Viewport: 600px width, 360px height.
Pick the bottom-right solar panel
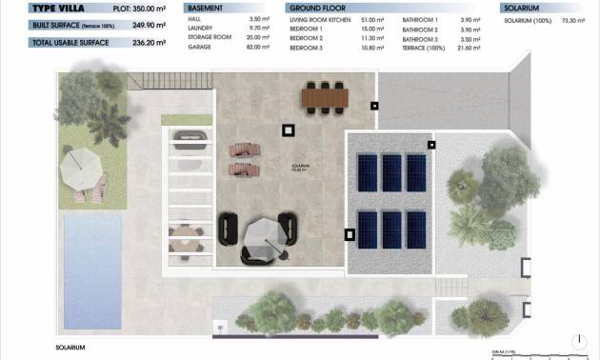point(416,230)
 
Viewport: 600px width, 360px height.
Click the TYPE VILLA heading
point(32,8)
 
